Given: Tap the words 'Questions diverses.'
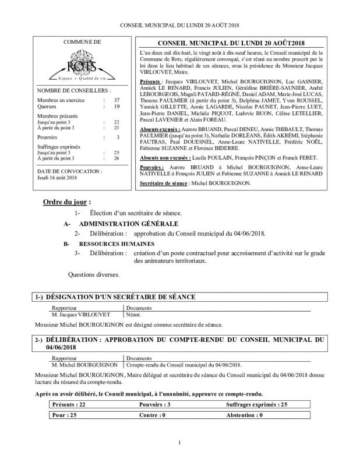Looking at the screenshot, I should (94, 273).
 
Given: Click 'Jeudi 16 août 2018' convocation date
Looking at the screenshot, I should (57, 177).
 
